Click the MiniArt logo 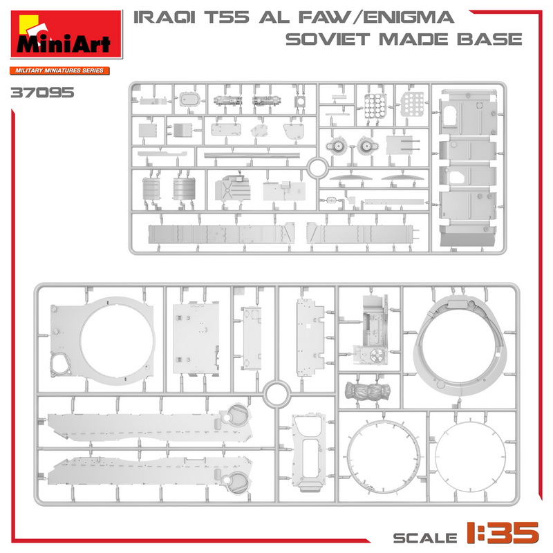[66, 35]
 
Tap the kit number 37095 [42, 93]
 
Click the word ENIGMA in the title [409, 17]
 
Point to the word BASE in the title [490, 39]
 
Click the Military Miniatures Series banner [59, 71]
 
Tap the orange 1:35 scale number [503, 532]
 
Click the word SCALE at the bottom [425, 538]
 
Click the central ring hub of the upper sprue [317, 168]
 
